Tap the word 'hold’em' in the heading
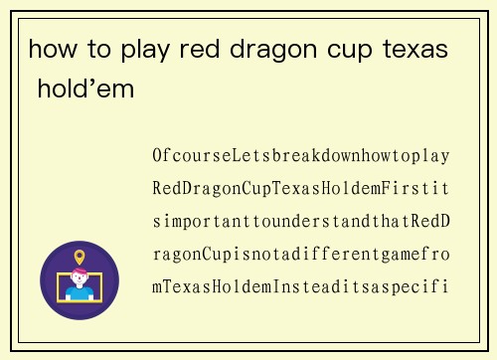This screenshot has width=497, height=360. pyautogui.click(x=84, y=90)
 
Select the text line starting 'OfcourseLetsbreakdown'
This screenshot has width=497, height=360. pyautogui.click(x=301, y=156)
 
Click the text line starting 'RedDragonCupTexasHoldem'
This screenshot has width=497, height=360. pyautogui.click(x=301, y=189)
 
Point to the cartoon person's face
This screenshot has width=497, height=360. pyautogui.click(x=80, y=280)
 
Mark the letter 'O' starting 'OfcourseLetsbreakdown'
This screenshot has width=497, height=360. pyautogui.click(x=158, y=156)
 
